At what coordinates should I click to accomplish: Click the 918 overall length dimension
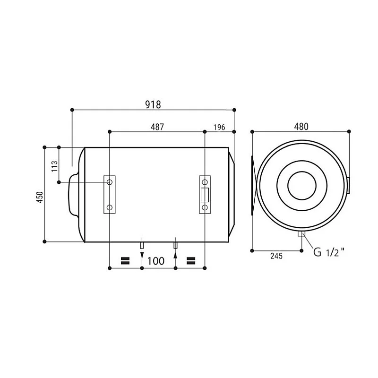153,104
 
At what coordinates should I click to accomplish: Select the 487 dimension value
157,127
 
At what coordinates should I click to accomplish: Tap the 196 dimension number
219,127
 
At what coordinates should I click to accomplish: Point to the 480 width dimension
301,127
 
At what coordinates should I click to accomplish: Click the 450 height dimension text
40,197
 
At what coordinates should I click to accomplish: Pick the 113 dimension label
55,166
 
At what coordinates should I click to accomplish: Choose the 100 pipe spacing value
156,261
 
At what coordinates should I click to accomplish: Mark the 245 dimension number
276,256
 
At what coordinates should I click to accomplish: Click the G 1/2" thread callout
329,252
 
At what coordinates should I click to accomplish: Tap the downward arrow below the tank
142,256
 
